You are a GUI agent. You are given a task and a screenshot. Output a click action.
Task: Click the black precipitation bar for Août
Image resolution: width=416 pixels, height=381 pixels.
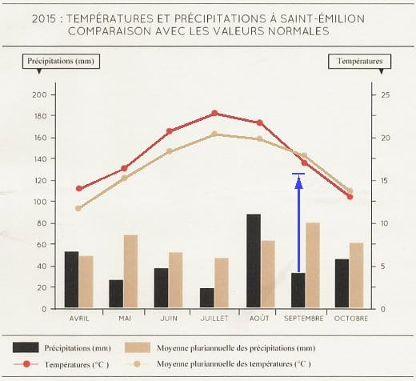(254, 261)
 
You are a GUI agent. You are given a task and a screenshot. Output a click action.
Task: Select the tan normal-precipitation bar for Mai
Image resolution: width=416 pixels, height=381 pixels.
(130, 271)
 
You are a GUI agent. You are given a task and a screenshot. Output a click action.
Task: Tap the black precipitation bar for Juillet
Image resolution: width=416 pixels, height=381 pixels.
(207, 298)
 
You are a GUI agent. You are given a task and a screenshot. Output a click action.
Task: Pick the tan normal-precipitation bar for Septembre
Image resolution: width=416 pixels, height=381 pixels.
(313, 265)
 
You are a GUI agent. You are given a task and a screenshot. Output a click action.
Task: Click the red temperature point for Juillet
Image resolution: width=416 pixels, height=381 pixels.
(214, 113)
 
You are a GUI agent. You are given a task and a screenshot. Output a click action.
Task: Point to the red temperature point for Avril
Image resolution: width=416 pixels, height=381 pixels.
(78, 189)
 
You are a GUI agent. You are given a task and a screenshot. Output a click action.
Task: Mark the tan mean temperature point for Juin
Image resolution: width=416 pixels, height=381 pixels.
(169, 151)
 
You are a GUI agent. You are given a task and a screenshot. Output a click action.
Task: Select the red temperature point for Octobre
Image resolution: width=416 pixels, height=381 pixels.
(350, 196)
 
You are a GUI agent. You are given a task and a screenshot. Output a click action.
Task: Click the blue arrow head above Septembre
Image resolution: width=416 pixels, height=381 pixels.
(298, 182)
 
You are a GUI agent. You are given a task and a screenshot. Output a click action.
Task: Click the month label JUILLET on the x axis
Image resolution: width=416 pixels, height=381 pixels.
(214, 318)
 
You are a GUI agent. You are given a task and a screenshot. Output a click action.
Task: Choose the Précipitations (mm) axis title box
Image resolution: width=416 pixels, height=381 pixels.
(58, 61)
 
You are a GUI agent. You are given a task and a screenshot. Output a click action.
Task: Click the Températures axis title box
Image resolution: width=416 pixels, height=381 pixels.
(358, 61)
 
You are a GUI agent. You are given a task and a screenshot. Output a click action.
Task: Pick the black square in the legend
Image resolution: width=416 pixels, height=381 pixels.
(29, 347)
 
